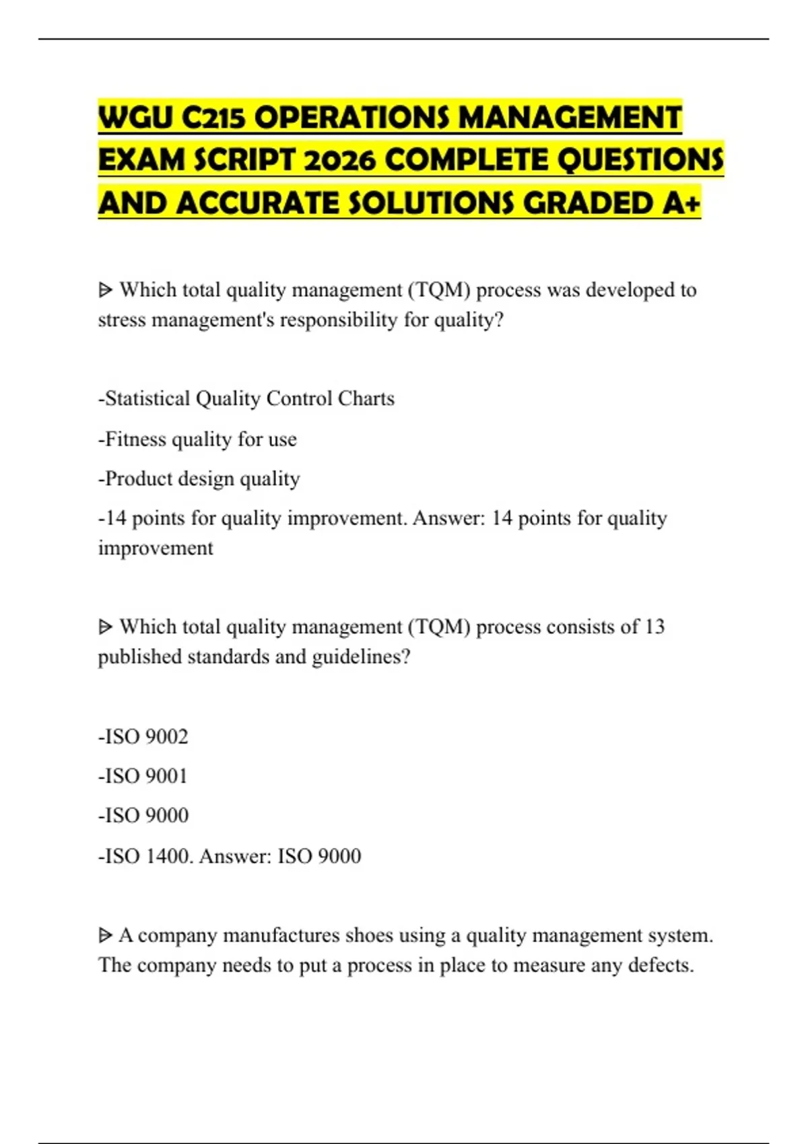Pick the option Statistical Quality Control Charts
tap(246, 398)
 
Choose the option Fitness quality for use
tap(198, 439)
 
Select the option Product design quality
tap(199, 478)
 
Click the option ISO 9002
tap(143, 736)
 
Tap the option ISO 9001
tap(143, 776)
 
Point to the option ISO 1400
tap(145, 856)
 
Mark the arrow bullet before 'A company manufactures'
tap(105, 935)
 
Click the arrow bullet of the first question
tap(105, 290)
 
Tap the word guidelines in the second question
tap(360, 656)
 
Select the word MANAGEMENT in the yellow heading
tap(570, 118)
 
